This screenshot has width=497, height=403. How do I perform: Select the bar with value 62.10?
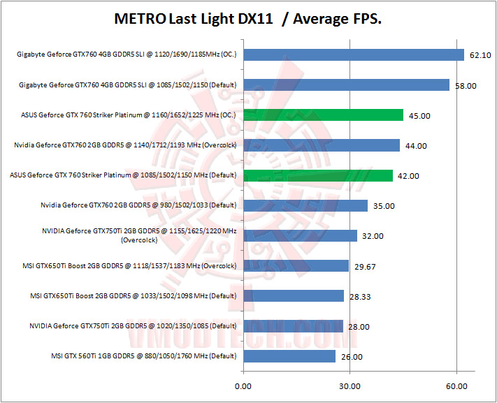click(354, 54)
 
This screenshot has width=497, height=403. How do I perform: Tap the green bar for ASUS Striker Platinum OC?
click(323, 115)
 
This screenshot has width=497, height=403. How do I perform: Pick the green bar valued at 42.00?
click(318, 175)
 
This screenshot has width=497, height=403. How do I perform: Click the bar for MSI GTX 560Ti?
click(289, 356)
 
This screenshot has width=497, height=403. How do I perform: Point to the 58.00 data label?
click(466, 85)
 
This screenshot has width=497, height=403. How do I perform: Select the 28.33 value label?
click(360, 296)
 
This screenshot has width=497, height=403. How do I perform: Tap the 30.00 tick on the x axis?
click(350, 386)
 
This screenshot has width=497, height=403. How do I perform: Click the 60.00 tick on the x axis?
click(456, 386)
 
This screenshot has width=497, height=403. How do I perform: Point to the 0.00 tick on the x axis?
click(243, 386)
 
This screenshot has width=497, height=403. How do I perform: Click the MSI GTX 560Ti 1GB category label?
click(144, 356)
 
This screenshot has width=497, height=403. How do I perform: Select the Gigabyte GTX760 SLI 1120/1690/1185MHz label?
click(127, 54)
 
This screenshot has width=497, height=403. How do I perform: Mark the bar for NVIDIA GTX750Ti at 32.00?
click(300, 236)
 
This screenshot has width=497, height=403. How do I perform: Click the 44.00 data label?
click(416, 145)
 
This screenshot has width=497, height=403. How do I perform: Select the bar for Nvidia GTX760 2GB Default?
click(305, 205)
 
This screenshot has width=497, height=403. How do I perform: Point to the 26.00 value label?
click(352, 357)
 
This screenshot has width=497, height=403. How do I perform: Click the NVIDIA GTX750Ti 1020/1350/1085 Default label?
click(134, 326)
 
